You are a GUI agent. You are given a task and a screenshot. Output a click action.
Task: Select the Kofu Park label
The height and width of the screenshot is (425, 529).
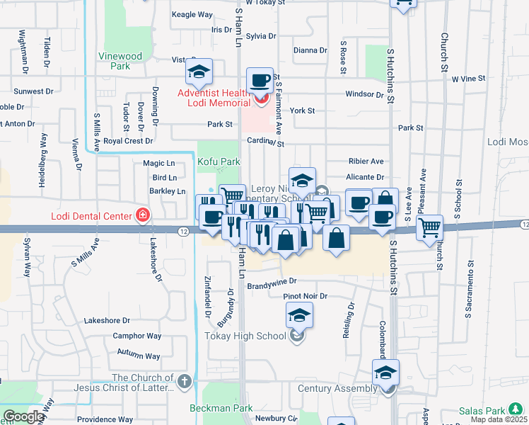tap(219, 162)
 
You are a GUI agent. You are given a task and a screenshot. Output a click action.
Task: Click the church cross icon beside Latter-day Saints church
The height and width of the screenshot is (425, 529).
tap(185, 382)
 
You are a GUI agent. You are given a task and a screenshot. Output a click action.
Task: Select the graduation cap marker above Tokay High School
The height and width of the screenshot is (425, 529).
tap(299, 314)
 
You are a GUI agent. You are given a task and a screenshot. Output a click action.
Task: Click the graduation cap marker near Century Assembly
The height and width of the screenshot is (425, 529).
tap(386, 373)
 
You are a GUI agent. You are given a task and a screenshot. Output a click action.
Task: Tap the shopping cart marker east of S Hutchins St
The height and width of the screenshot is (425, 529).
tap(429, 228)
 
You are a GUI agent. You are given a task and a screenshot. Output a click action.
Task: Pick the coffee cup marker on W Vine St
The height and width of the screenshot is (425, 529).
tap(260, 80)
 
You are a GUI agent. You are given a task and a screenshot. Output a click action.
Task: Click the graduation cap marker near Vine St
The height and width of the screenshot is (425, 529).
tap(199, 72)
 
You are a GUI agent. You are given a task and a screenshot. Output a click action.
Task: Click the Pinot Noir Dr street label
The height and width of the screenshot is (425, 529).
tap(306, 295)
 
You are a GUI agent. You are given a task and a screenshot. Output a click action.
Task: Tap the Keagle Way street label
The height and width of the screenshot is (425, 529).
tap(192, 14)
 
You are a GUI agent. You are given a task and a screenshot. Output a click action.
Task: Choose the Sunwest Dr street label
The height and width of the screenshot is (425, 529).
tap(34, 91)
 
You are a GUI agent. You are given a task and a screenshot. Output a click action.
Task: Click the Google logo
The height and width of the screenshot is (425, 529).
tap(23, 416)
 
